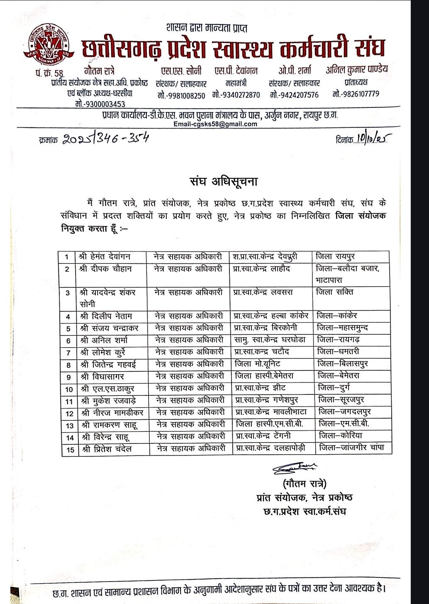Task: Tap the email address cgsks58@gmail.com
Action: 215,124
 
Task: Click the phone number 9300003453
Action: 100,104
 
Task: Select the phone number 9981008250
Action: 181,95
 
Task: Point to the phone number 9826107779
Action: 356,94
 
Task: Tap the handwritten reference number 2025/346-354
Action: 105,139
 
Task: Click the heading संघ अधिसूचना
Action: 224,182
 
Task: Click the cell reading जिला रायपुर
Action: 335,257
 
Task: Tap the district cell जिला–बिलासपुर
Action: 342,364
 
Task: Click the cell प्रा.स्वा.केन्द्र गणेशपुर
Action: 266,400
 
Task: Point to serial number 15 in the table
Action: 69,450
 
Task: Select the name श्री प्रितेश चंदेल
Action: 108,449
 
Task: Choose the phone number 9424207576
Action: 294,95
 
